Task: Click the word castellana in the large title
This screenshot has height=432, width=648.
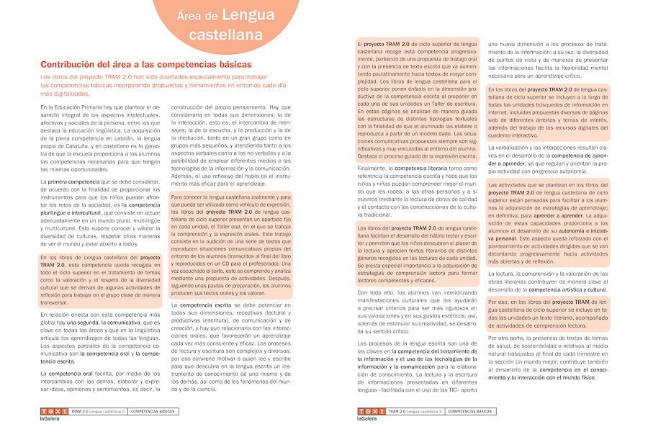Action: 225,35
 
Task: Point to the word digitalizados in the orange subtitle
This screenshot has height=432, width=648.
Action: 67,93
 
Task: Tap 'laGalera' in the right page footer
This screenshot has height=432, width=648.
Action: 367,418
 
